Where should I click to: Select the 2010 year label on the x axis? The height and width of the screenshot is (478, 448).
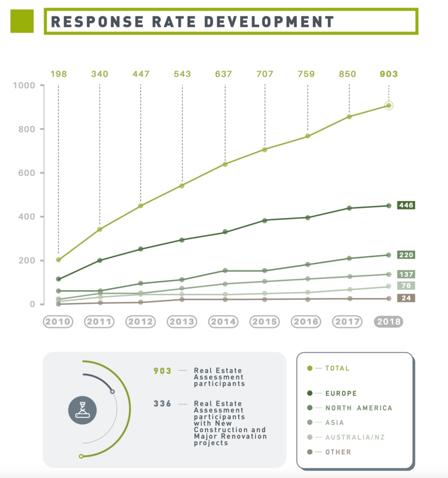[58, 322]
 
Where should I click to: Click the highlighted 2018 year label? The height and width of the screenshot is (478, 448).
[388, 322]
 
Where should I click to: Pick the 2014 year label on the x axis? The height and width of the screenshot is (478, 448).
[223, 322]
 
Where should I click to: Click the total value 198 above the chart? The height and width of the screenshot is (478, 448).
[59, 74]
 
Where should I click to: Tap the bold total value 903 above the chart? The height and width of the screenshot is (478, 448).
[388, 74]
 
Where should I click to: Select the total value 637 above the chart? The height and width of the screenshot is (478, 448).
[223, 74]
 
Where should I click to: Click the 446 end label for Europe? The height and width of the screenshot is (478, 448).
[406, 205]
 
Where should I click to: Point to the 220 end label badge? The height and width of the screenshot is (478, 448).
[406, 255]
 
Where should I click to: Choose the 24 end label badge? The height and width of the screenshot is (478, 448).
[406, 298]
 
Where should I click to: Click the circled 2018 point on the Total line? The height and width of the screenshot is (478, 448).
[389, 106]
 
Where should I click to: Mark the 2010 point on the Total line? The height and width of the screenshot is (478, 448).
[59, 260]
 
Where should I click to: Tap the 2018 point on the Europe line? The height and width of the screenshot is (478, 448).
[389, 206]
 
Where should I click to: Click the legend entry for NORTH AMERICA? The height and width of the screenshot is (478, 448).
[358, 408]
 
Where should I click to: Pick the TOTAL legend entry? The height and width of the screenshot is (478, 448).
[337, 369]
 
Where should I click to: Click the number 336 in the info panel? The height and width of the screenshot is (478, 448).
[162, 404]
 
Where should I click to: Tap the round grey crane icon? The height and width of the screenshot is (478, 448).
[82, 410]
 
